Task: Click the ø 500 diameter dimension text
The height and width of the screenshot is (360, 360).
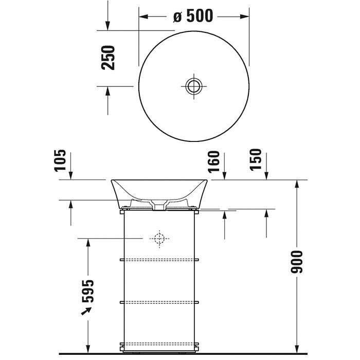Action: coord(193,16)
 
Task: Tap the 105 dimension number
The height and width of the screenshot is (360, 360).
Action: coord(60,160)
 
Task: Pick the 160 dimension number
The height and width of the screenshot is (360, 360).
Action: coord(214,161)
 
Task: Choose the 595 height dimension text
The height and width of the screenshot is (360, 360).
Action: coord(87,292)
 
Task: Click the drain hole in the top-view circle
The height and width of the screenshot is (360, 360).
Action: coord(193,86)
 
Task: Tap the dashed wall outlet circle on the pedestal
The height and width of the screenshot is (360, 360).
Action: coord(159,239)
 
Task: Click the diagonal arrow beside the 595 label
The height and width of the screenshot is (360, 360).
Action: coord(86,311)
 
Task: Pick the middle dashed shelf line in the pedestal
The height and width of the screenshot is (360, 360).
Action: coord(159,301)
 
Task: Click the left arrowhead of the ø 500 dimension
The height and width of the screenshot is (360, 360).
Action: coord(143,16)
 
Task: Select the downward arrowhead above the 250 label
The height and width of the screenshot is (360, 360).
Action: coord(108,25)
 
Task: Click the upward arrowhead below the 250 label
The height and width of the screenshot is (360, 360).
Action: coord(108,91)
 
